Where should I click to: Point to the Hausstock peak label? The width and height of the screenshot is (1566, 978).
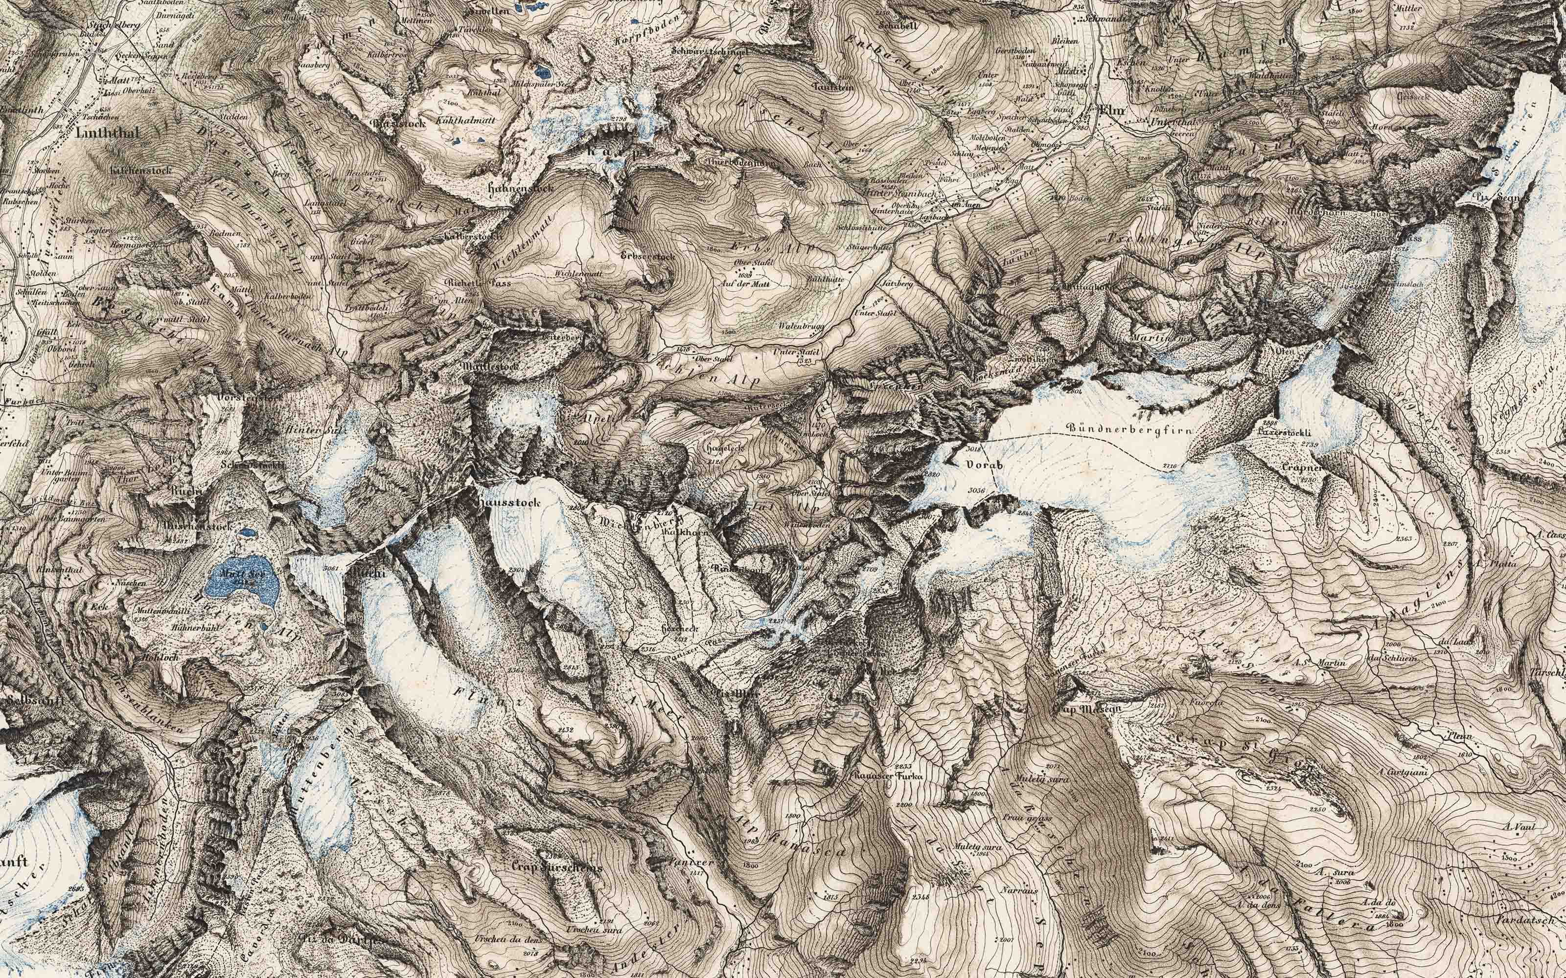click(508, 501)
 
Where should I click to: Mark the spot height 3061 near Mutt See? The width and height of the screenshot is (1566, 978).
click(331, 569)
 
